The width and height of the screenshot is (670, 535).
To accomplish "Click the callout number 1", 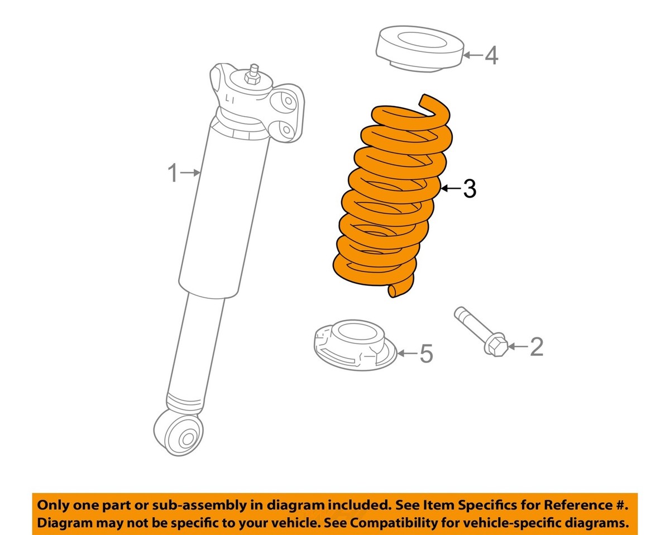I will click(x=173, y=174).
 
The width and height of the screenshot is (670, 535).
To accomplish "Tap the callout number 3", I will click(x=470, y=190).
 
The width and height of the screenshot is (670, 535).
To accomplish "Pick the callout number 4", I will click(x=491, y=55).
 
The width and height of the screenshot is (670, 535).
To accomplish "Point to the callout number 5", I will click(x=426, y=354).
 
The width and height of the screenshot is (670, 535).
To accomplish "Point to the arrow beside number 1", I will click(x=191, y=174).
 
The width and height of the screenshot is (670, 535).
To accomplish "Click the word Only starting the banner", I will click(x=53, y=506).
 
